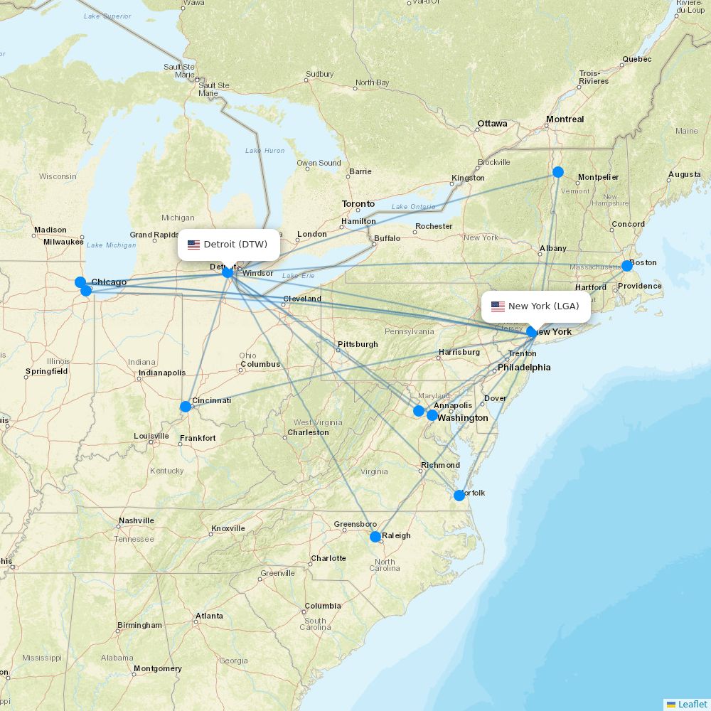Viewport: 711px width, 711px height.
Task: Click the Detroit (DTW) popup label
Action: tap(228, 245)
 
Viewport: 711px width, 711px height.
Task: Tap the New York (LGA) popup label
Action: tap(536, 306)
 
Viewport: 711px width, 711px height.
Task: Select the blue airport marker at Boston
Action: tap(626, 266)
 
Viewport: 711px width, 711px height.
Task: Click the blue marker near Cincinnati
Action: tap(186, 407)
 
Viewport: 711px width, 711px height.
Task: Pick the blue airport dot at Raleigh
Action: tap(375, 537)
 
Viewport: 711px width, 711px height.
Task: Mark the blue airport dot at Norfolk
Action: tap(459, 496)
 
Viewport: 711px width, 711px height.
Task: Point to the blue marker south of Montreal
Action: tap(558, 172)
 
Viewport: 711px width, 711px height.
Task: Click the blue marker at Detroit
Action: tap(228, 272)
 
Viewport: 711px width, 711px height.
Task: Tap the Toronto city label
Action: tap(358, 204)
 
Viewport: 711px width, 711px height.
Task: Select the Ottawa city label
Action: tap(492, 124)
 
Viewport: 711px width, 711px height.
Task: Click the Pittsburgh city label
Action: tap(358, 344)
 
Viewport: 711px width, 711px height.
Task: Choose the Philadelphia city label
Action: tap(524, 368)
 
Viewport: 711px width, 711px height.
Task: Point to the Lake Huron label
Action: tap(264, 151)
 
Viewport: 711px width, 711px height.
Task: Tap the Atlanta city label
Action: tap(209, 616)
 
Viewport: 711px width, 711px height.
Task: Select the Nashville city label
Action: tap(137, 520)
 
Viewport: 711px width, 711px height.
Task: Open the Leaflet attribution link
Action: tap(692, 704)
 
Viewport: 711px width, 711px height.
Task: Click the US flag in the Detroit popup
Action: tap(193, 245)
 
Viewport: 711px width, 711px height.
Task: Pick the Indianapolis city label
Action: tap(162, 373)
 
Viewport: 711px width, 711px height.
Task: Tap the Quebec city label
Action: tap(636, 59)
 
